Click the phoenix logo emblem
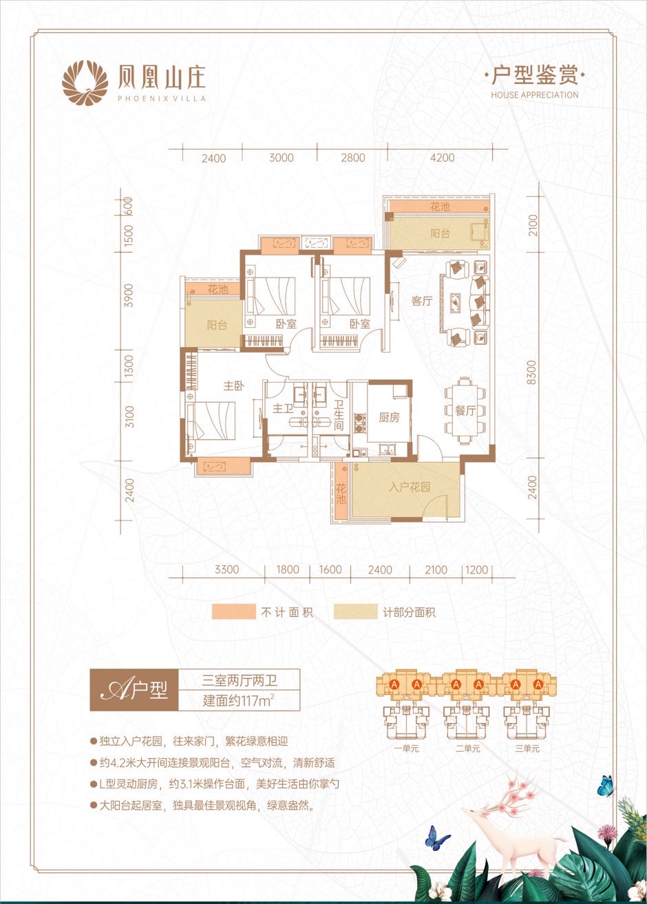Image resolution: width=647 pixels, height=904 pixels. point(85,83)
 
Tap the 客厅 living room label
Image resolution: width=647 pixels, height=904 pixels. point(422,301)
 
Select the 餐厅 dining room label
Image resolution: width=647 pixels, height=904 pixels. point(465,411)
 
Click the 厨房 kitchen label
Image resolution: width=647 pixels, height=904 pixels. point(389,417)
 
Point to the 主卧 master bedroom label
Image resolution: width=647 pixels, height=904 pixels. point(234,386)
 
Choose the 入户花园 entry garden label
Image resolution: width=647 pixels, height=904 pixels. point(410,487)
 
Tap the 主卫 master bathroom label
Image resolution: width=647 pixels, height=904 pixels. point(283,409)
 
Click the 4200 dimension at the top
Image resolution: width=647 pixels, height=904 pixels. point(442,158)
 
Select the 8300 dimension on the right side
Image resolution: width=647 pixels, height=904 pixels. point(532,372)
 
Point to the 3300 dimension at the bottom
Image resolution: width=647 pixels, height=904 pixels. point(226,569)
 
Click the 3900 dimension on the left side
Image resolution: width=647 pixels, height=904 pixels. point(128,295)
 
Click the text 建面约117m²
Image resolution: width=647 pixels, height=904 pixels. point(239,700)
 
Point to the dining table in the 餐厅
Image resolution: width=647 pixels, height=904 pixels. point(465,410)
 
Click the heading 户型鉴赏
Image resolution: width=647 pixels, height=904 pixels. point(535,76)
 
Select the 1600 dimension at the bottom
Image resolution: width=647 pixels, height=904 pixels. point(330,569)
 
